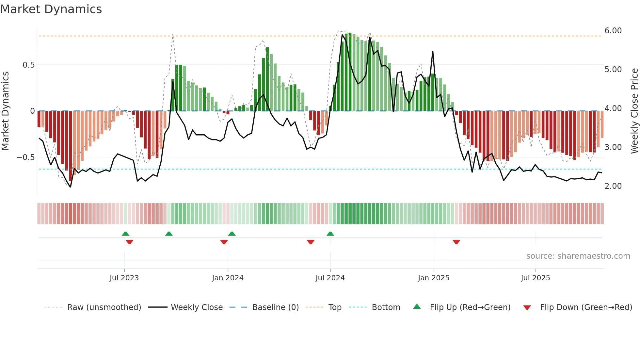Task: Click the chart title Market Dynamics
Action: (x=51, y=9)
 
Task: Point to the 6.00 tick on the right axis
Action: (x=613, y=31)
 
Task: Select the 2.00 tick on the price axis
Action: (x=613, y=186)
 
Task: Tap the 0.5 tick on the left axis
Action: (x=29, y=65)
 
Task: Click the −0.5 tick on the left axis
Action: (x=26, y=157)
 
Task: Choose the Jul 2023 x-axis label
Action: (x=124, y=278)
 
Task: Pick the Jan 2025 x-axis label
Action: (x=434, y=278)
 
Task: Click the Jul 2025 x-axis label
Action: (x=536, y=278)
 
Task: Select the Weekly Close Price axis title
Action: (x=634, y=111)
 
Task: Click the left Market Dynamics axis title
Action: (x=5, y=111)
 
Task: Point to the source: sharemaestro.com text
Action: (x=578, y=256)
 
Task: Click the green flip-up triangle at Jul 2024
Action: (x=330, y=234)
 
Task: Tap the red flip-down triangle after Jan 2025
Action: (x=456, y=242)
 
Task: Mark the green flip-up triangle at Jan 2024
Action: (x=232, y=234)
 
